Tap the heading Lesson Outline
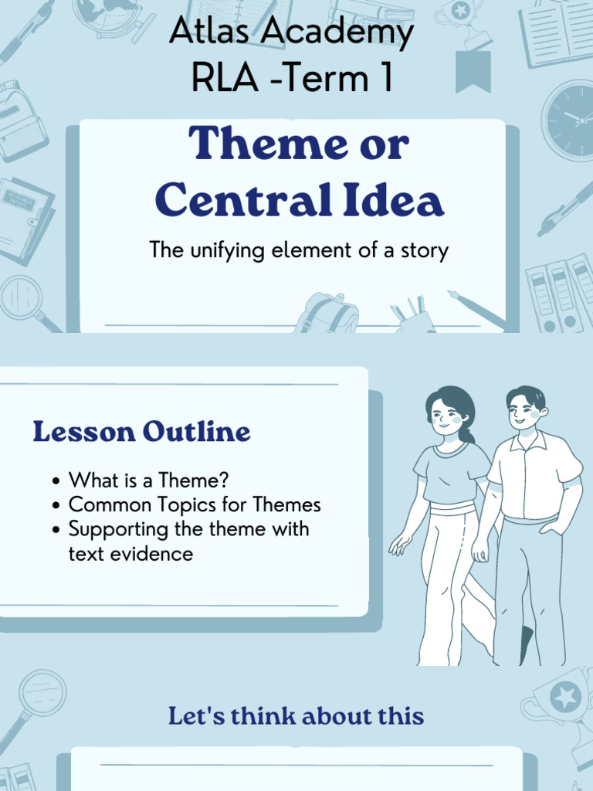[x=141, y=432]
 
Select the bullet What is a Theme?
[x=148, y=480]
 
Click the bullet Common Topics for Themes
[x=195, y=505]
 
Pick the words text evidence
[x=130, y=554]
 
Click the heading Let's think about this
[x=296, y=716]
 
